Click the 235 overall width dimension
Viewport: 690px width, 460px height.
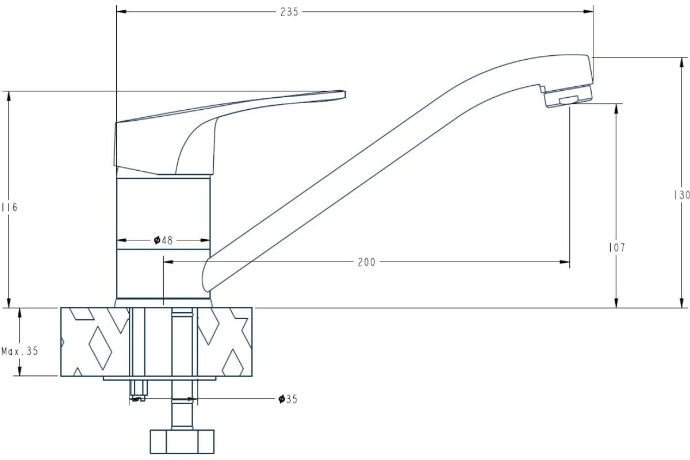pos(289,12)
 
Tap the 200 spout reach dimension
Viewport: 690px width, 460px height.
pos(367,262)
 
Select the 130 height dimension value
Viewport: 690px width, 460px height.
pos(682,195)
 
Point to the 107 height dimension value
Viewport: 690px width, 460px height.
pos(617,247)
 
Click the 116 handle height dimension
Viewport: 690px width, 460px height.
pos(10,208)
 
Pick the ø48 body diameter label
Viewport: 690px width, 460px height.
pos(163,240)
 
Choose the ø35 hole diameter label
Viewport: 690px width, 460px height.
pos(288,399)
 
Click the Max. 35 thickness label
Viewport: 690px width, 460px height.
pos(20,351)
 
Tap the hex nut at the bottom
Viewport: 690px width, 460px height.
pos(182,442)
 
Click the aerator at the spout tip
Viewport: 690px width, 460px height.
pos(568,96)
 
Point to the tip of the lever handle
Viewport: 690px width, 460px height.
pos(344,94)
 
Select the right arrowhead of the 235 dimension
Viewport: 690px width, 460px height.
pos(588,11)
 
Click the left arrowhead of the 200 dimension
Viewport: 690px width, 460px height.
pos(168,262)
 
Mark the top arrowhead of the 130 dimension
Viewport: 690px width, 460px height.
pos(681,62)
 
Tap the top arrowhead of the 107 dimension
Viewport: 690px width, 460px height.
pos(616,109)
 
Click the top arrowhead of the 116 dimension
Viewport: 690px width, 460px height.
pos(9,96)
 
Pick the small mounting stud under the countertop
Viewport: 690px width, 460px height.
pos(139,390)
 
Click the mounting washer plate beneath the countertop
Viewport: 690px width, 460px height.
pos(159,378)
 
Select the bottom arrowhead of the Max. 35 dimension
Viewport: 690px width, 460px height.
pos(20,371)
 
